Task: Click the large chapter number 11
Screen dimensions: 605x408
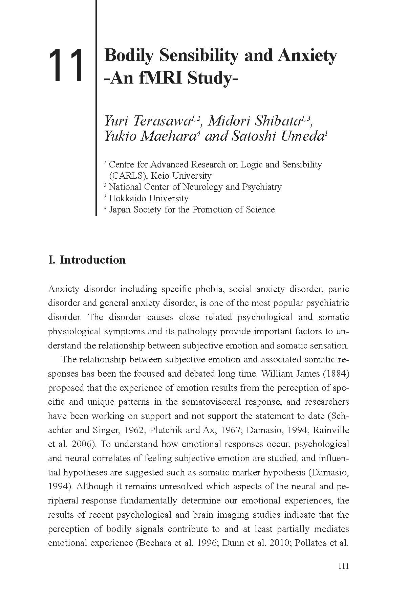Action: click(x=66, y=65)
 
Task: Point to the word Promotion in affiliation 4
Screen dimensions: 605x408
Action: click(x=212, y=209)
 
